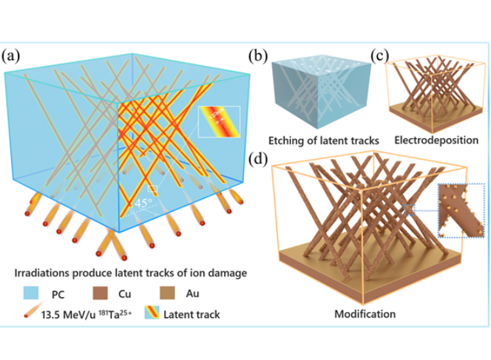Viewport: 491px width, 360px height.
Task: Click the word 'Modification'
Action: click(365, 313)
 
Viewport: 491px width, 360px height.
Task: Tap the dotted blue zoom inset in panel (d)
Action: click(458, 211)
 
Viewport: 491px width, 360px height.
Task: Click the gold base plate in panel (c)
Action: click(426, 120)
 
